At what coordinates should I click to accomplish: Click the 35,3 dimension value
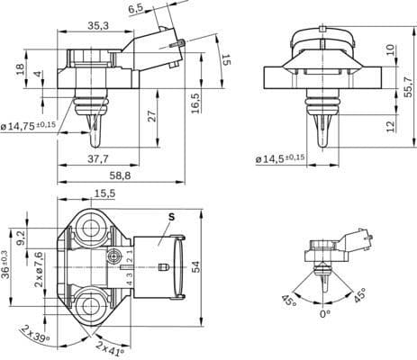point(100,26)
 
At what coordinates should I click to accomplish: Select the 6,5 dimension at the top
point(136,8)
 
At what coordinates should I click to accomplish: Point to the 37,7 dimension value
point(101,158)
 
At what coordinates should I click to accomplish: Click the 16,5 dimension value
point(195,100)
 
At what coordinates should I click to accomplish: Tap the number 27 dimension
point(151,115)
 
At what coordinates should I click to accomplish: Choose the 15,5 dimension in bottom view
point(104,193)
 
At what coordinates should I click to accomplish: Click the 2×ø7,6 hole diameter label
point(39,269)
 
